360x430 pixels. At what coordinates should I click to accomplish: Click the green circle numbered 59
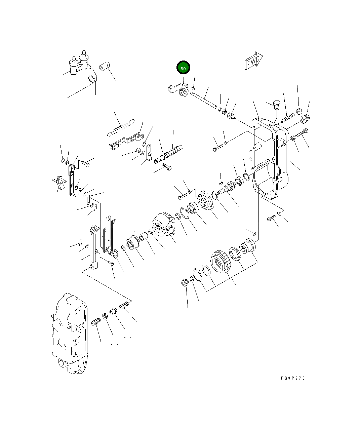pyautogui.click(x=183, y=68)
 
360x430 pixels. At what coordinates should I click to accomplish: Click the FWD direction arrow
pyautogui.click(x=253, y=61)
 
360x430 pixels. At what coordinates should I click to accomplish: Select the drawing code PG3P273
pyautogui.click(x=293, y=378)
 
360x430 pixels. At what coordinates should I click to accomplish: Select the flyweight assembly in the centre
pyautogui.click(x=163, y=224)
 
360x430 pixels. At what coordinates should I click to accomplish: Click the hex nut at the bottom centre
pyautogui.click(x=184, y=282)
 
